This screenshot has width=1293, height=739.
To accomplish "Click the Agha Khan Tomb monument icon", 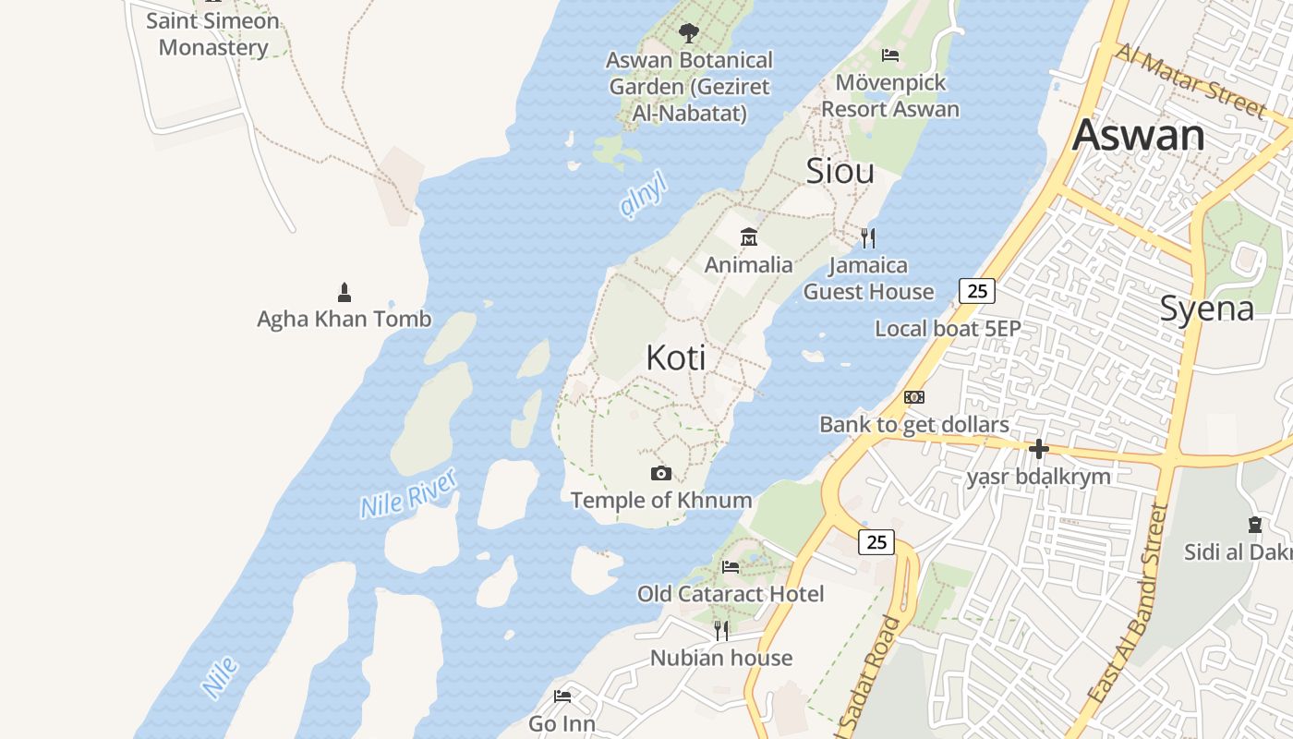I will tap(344, 293).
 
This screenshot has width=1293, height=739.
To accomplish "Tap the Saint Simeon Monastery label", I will tap(213, 34).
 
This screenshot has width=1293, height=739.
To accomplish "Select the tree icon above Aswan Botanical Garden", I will tap(688, 33).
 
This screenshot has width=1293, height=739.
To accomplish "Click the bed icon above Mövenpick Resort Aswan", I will tap(890, 55).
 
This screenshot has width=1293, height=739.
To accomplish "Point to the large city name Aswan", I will tap(1138, 136).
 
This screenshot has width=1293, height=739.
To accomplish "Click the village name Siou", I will tap(840, 171).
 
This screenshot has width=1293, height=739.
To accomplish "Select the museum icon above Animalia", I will tap(749, 237).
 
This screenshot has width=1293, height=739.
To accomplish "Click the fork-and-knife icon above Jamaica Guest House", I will tap(868, 238).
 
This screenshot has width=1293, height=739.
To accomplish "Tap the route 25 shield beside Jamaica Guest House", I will tap(976, 291).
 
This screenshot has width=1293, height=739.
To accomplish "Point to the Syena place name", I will tap(1206, 309).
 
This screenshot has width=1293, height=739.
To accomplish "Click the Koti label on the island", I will tap(676, 357).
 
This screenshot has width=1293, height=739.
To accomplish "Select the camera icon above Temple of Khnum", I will tap(661, 474).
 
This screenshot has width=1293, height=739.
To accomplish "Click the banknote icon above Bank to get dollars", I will tap(914, 397).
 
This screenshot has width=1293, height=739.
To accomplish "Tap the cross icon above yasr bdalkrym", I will tap(1039, 450).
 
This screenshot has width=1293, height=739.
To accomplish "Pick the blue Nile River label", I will tap(408, 493).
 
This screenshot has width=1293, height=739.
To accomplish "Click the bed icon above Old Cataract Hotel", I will tap(731, 566).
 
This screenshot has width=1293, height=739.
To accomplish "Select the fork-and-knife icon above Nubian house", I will tap(721, 631).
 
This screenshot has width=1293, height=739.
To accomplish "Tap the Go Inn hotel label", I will tap(562, 723).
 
